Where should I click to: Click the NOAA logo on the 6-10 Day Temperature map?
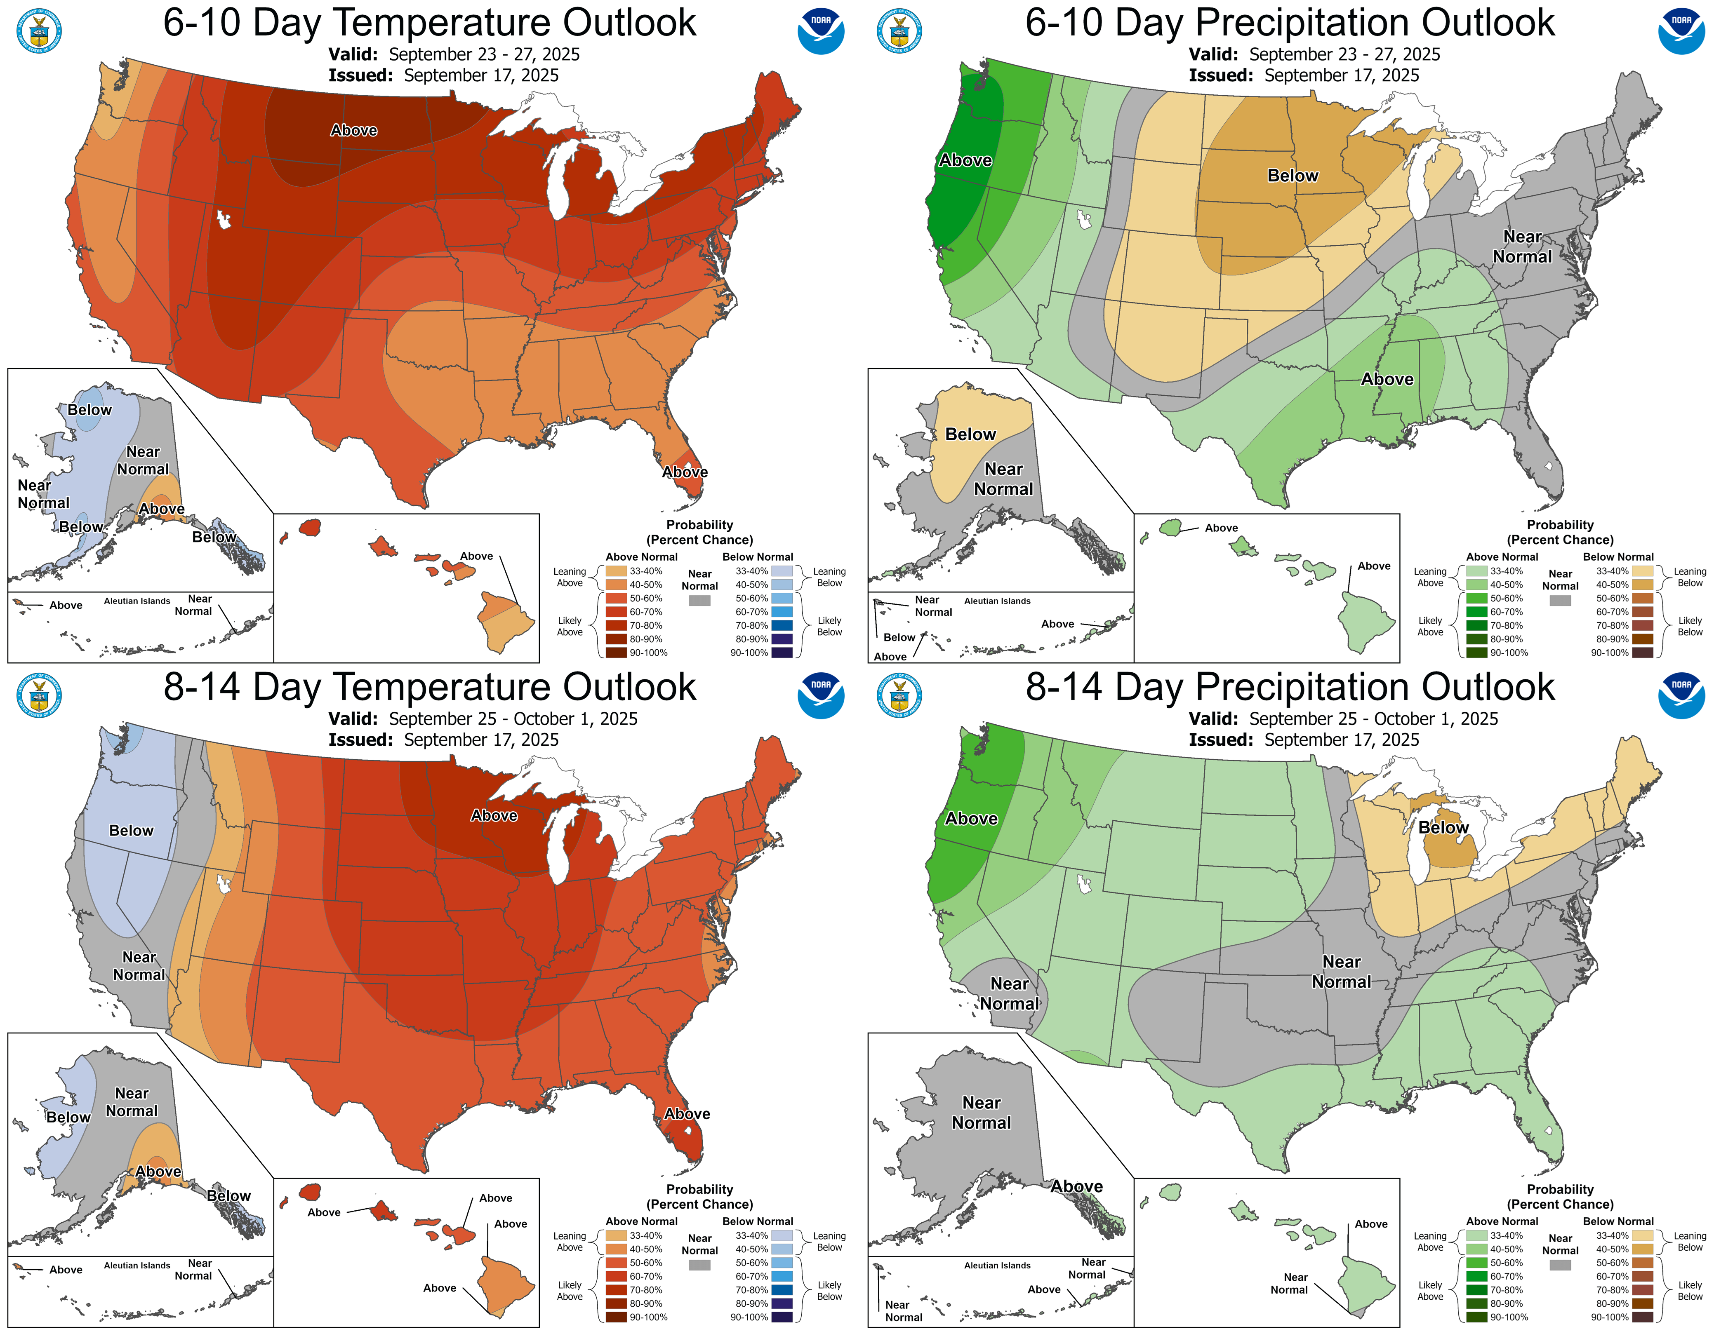pos(821,31)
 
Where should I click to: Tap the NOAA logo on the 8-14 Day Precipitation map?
pos(1681,695)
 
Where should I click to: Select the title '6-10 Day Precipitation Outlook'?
pos(1290,22)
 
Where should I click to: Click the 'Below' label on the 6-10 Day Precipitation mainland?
pos(1293,176)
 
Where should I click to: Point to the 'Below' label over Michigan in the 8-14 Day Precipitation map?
pos(1443,827)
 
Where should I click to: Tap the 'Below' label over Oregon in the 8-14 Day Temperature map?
pos(131,830)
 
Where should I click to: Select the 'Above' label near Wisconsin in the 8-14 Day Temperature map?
pos(494,815)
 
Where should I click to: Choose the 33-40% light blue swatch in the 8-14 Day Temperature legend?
pos(782,1235)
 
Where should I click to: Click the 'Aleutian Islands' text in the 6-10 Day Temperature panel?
pos(137,601)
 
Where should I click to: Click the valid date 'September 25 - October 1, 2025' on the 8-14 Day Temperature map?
pos(513,719)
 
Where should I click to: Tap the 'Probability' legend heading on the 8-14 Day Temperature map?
pos(700,1189)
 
